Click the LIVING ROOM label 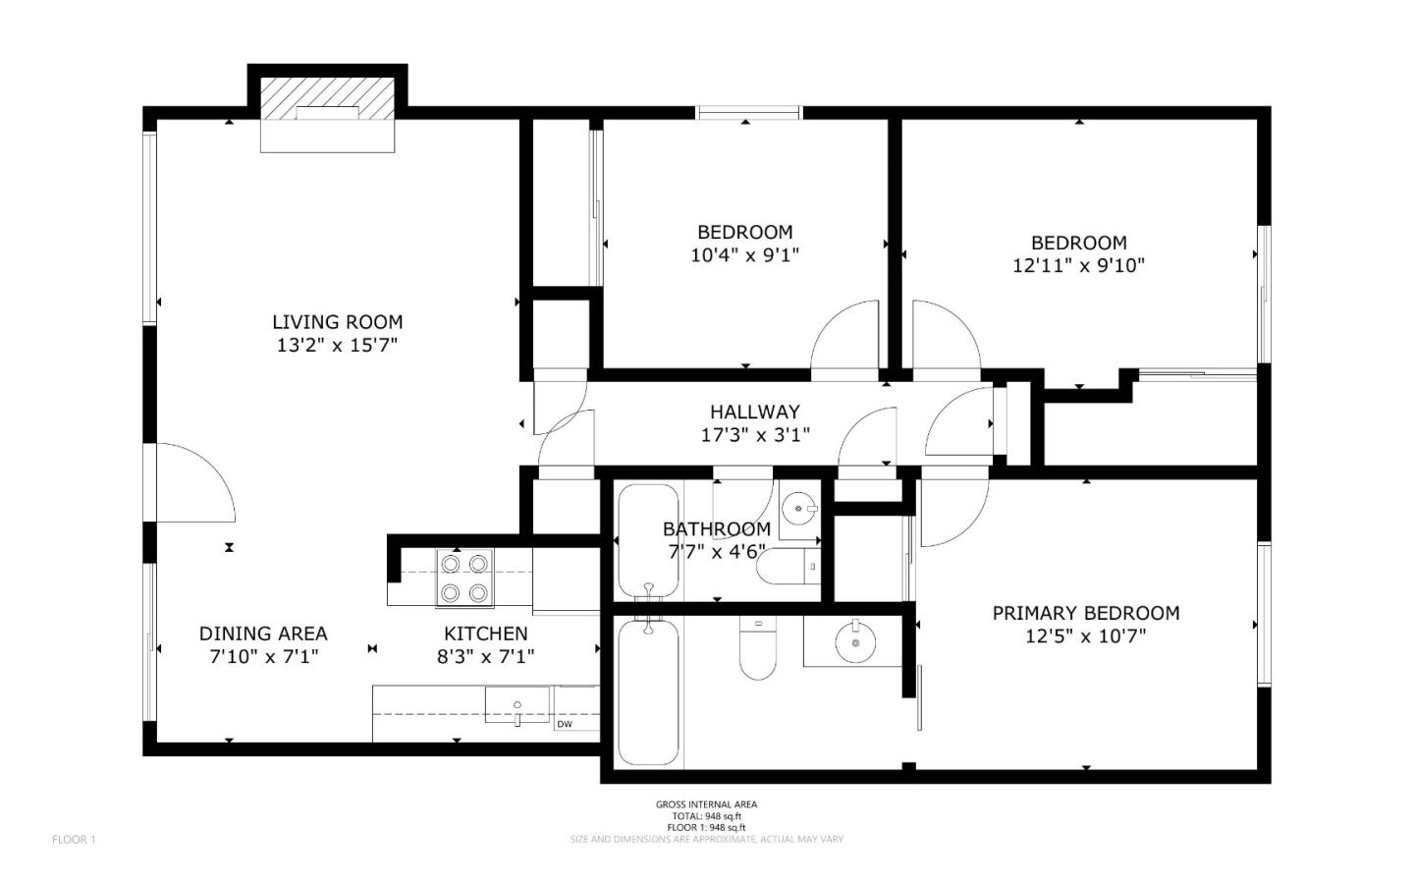coord(337,321)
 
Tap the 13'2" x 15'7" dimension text coord(337,345)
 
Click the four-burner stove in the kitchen coord(463,579)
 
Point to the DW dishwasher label coord(565,725)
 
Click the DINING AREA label coord(263,634)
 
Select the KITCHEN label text coord(485,634)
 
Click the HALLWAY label coord(754,412)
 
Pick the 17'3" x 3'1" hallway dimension coord(754,434)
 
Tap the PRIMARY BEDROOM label coord(1085,613)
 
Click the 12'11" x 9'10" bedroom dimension coord(1078,265)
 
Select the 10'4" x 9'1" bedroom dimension coord(744,255)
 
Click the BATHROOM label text coord(716,528)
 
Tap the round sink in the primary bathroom coord(856,642)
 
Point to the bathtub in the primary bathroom coord(648,692)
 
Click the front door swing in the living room coord(194,483)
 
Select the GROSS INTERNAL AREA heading coord(706,804)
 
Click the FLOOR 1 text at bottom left coord(74,840)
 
